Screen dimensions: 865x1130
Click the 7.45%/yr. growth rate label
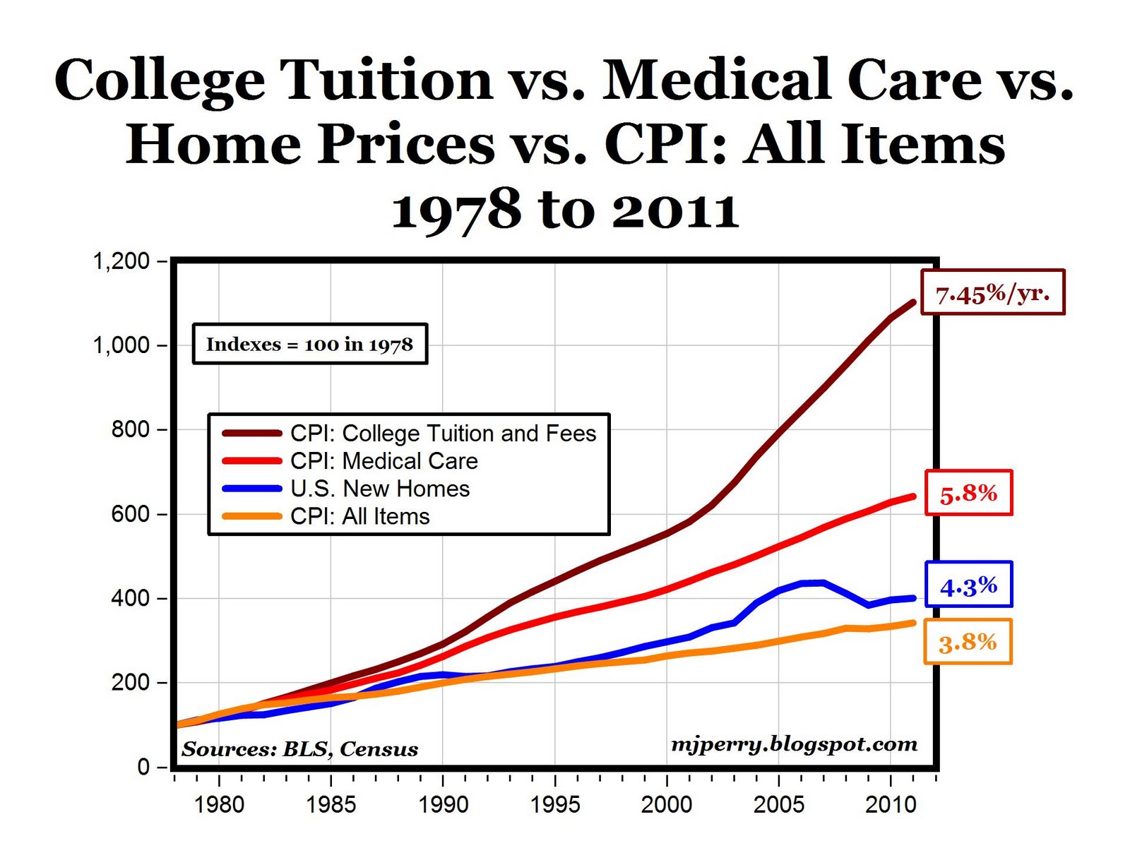click(x=992, y=292)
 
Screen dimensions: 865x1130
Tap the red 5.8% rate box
click(x=968, y=493)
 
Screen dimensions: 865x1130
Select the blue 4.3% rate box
click(x=968, y=585)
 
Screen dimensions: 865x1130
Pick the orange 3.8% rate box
click(x=968, y=642)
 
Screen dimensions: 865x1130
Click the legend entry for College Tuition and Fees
click(x=443, y=434)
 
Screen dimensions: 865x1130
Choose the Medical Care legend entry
click(x=383, y=461)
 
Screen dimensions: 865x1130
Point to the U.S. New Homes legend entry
click(x=379, y=489)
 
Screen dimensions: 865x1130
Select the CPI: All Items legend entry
click(x=359, y=516)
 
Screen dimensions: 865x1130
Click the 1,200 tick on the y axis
click(x=121, y=261)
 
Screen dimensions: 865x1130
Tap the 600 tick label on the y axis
click(x=130, y=514)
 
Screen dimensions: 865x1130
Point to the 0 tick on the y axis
click(x=143, y=767)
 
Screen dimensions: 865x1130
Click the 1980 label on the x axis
click(x=219, y=805)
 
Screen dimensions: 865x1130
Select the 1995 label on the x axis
click(x=555, y=805)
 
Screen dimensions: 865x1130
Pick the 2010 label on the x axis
click(x=891, y=805)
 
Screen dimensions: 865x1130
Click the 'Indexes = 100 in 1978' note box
click(x=309, y=345)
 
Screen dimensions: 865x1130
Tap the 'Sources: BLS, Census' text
click(x=299, y=749)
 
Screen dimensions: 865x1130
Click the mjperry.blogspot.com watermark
click(x=794, y=744)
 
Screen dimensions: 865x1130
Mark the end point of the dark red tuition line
click(x=913, y=303)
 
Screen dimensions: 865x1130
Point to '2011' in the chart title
click(x=674, y=210)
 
